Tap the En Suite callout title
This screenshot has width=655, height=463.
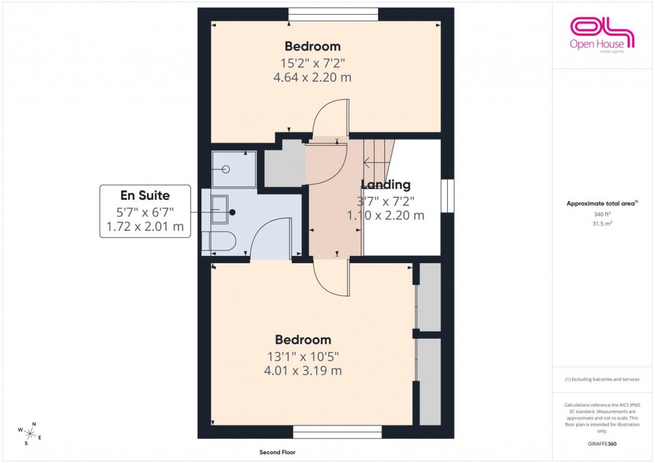tap(145, 196)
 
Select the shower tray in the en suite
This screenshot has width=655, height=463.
tap(234, 169)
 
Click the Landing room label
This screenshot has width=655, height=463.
tap(386, 185)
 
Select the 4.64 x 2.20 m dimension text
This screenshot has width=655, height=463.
tap(313, 78)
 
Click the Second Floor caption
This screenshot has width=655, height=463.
tap(278, 452)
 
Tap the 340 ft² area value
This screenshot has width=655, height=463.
tap(602, 214)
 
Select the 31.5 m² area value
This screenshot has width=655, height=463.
tap(602, 224)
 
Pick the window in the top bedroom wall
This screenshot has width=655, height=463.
tap(333, 14)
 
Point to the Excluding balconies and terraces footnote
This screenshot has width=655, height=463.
tap(602, 379)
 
